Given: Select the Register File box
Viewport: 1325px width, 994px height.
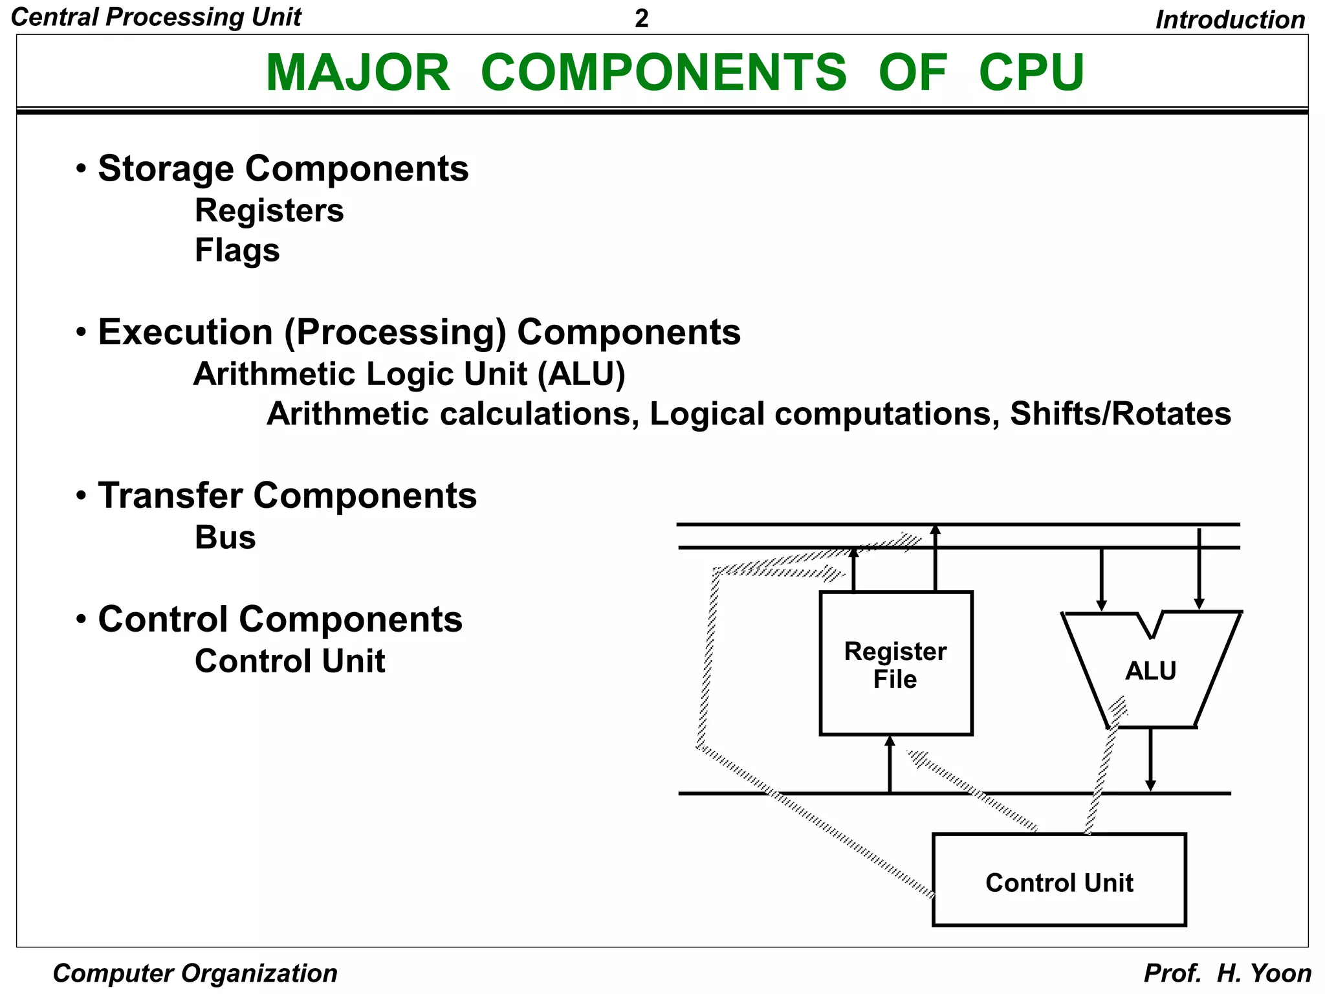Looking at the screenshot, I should coord(895,664).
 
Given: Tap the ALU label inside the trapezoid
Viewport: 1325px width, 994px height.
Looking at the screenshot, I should coord(1150,671).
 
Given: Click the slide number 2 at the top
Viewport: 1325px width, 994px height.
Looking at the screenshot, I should coord(641,19).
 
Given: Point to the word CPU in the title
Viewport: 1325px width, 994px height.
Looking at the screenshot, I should coord(1031,72).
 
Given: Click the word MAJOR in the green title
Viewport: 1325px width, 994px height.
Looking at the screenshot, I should coord(358,72).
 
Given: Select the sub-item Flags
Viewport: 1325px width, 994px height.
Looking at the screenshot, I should coord(237,250).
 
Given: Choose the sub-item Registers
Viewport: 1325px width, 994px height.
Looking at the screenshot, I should coord(269,211).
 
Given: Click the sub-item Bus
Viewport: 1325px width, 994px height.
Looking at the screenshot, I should coord(225,538).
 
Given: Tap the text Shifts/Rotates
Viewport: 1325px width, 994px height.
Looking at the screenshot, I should coord(1120,414).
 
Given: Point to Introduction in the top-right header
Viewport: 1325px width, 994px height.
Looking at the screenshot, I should coord(1230,19).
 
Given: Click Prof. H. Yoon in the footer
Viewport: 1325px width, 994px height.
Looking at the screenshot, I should coord(1227,973).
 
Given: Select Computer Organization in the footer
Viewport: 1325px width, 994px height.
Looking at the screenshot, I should coord(195,973).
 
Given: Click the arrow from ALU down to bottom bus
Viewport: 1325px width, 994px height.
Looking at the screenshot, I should coord(1150,760).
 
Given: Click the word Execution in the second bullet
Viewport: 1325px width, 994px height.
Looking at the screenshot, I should coord(185,333).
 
